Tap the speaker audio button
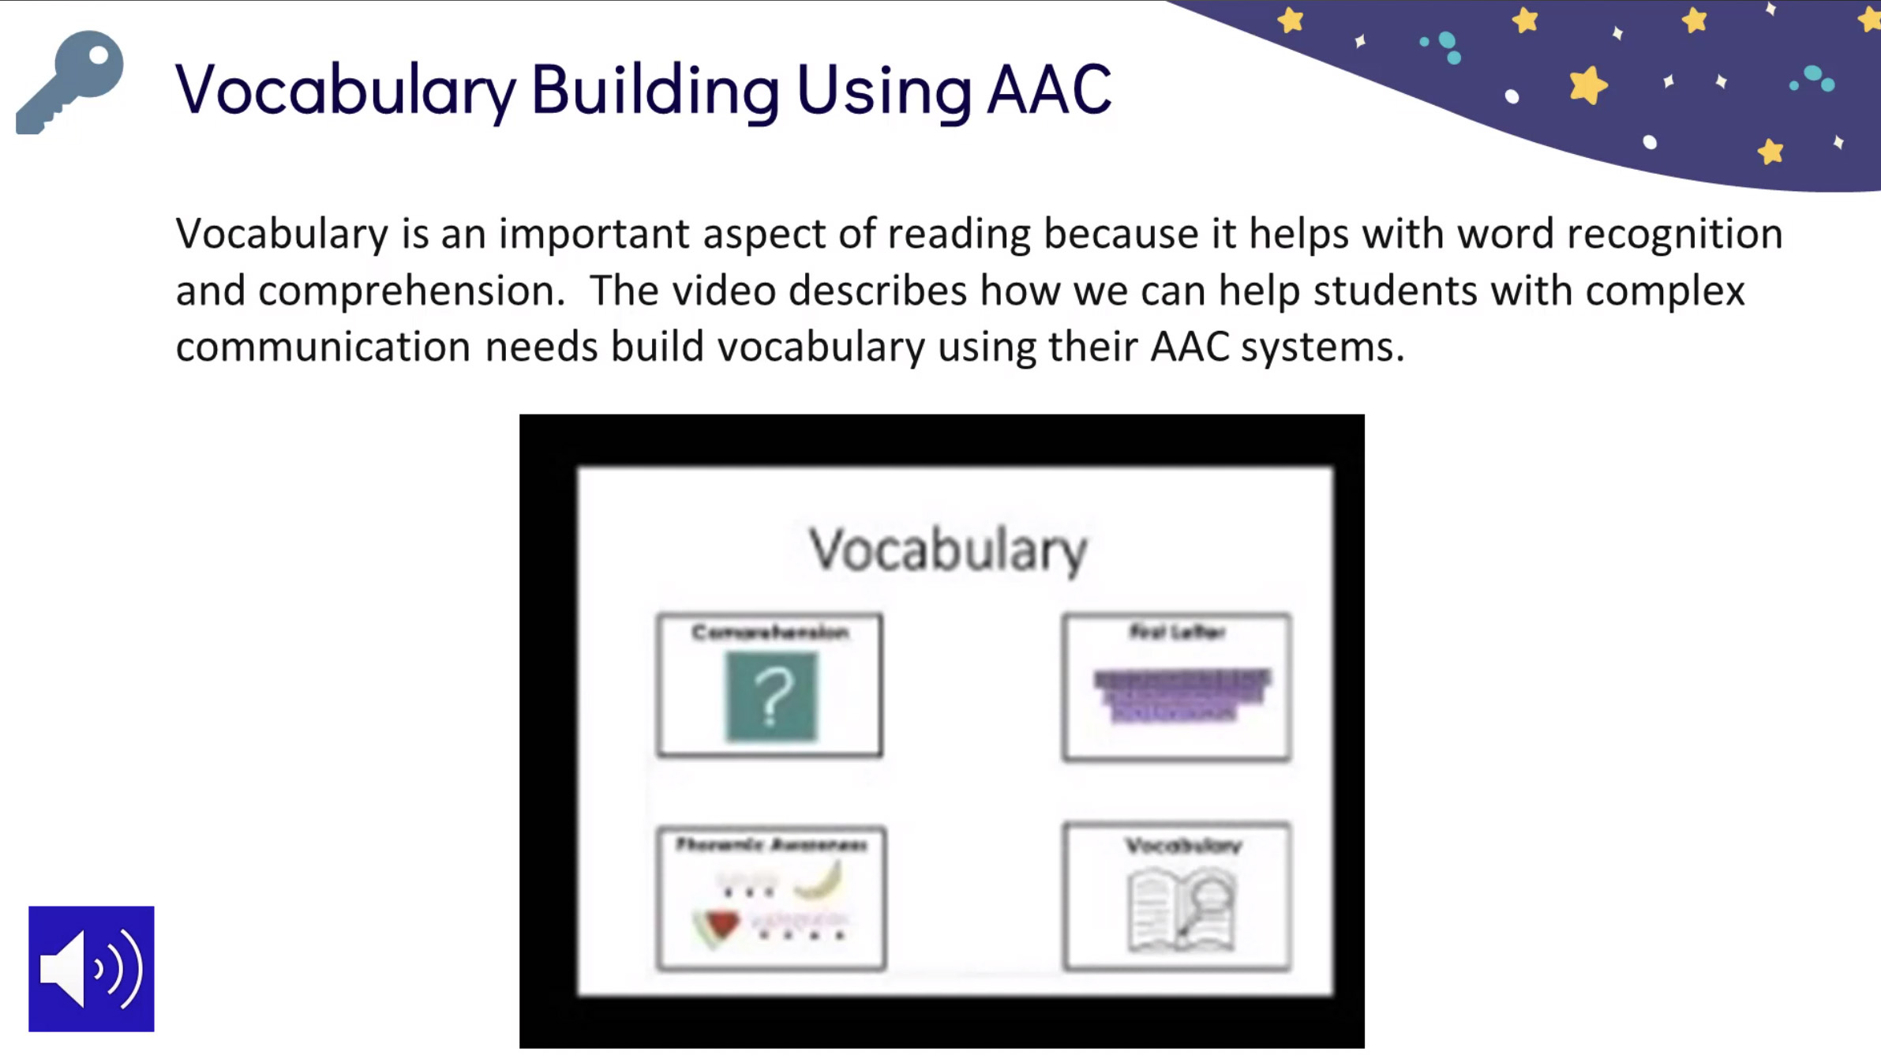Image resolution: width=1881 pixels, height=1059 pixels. [x=92, y=968]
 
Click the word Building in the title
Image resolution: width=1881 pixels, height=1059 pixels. [x=655, y=90]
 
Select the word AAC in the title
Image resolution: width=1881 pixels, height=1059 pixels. [x=1049, y=90]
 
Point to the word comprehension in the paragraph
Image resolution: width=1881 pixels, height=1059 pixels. [x=410, y=291]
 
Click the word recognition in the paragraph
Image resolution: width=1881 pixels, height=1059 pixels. [x=1674, y=235]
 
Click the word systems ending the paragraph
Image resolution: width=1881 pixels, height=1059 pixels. [x=1322, y=347]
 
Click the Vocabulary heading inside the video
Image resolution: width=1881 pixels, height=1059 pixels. [x=948, y=550]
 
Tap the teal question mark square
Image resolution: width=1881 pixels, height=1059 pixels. [x=771, y=697]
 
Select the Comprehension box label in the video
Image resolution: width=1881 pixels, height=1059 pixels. [x=770, y=633]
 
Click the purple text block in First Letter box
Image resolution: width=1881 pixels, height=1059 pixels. [x=1181, y=694]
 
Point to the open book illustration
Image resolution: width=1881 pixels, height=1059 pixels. [x=1181, y=910]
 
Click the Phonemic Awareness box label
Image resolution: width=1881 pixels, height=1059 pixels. [x=771, y=845]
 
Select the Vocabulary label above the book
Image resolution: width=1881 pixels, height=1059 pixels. [x=1182, y=846]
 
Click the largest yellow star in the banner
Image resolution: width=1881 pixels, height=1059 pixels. [x=1587, y=85]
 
